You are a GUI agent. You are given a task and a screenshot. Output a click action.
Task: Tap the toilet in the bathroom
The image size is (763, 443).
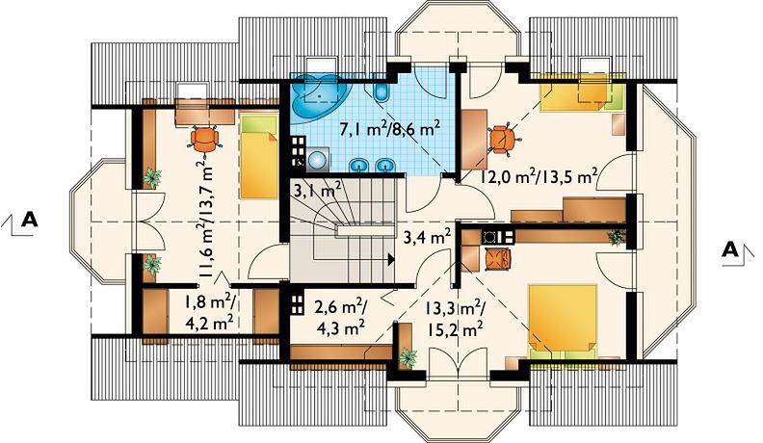[382, 91]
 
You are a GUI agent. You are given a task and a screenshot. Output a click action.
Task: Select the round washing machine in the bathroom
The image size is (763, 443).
[317, 159]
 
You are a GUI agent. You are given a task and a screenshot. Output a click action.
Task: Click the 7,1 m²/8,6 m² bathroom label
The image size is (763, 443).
[390, 129]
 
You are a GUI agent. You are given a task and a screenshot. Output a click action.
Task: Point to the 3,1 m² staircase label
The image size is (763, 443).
[317, 188]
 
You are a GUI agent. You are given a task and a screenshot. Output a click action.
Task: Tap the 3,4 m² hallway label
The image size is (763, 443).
[426, 237]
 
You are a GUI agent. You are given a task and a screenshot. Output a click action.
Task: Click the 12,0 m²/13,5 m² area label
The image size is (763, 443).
[539, 176]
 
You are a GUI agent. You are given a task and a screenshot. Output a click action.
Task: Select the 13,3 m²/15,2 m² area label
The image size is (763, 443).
[455, 318]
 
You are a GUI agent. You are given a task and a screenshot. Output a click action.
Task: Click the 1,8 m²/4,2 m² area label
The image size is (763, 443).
[209, 312]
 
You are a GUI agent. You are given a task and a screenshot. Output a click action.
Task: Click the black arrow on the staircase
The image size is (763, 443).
[391, 260]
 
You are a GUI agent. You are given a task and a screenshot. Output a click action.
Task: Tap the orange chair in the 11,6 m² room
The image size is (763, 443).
[204, 139]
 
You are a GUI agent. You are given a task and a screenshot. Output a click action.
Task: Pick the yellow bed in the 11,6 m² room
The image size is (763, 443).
[259, 156]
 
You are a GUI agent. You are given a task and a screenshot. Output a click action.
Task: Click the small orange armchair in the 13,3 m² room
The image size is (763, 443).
[497, 258]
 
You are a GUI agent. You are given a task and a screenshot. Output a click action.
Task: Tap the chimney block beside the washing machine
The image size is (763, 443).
[298, 153]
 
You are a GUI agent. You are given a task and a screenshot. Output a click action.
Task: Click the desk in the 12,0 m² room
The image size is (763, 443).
[473, 139]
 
